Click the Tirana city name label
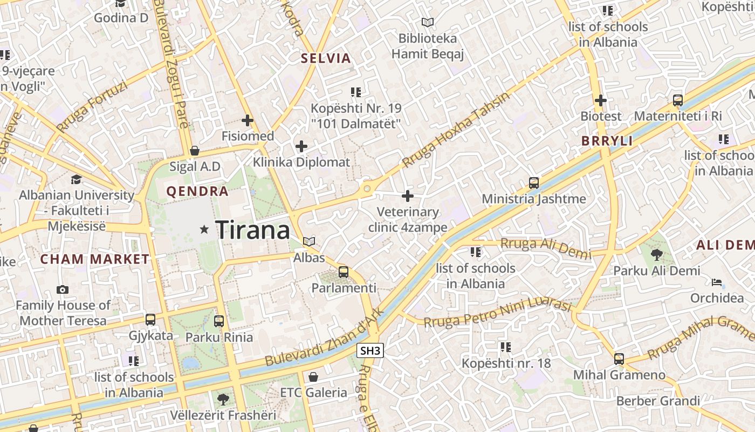(253, 231)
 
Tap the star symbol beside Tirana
(204, 230)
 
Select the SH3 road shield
(370, 350)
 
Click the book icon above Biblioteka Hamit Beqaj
(428, 23)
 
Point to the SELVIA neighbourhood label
(326, 58)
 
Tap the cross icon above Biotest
(601, 100)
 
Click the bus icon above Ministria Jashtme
(534, 183)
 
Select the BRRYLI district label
(607, 141)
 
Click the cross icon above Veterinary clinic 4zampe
(408, 195)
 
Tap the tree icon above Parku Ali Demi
(656, 254)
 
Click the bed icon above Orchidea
(717, 282)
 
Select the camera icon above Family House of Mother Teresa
(63, 289)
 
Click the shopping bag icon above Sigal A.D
(195, 150)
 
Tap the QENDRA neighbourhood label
(197, 191)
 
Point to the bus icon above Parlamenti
(344, 272)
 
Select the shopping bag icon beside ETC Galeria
(313, 376)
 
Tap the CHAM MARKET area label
(95, 259)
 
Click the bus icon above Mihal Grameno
(619, 359)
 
